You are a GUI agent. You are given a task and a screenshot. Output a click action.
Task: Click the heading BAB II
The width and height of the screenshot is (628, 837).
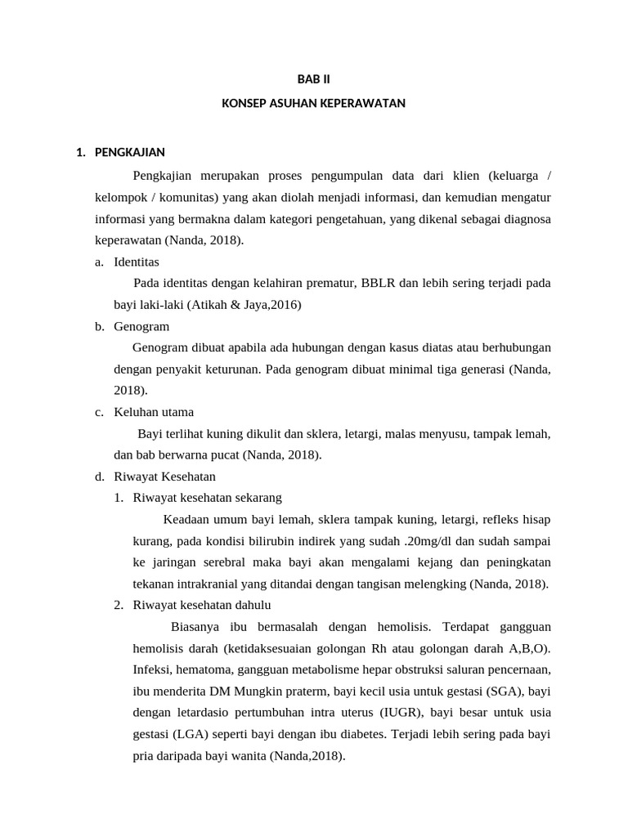(314, 79)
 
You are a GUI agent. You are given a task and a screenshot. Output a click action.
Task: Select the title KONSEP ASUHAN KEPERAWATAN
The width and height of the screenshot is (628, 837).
(314, 104)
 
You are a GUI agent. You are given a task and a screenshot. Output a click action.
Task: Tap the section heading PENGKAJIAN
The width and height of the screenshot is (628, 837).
(130, 152)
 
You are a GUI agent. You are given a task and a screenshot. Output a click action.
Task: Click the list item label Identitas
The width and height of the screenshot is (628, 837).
(137, 262)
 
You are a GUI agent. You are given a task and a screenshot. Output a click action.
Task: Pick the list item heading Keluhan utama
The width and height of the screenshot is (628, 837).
(154, 412)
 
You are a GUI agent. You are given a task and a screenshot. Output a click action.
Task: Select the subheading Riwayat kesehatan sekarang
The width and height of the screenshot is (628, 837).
(208, 497)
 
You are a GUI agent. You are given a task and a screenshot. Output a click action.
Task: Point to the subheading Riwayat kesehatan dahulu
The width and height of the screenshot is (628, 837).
(202, 605)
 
